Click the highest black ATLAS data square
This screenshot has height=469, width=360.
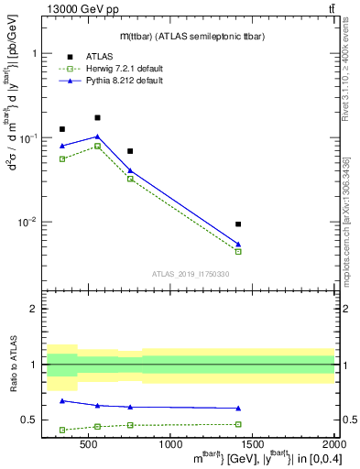point(97,118)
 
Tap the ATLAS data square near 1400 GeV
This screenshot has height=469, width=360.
point(238,224)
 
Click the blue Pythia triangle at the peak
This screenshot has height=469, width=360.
point(97,136)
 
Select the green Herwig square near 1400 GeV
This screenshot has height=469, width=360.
point(238,251)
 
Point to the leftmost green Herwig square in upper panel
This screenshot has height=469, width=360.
point(62,159)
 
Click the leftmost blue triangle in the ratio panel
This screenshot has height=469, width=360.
point(62,400)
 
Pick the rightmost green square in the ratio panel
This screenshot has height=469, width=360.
point(238,424)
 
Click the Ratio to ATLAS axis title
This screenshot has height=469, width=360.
point(14,365)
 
